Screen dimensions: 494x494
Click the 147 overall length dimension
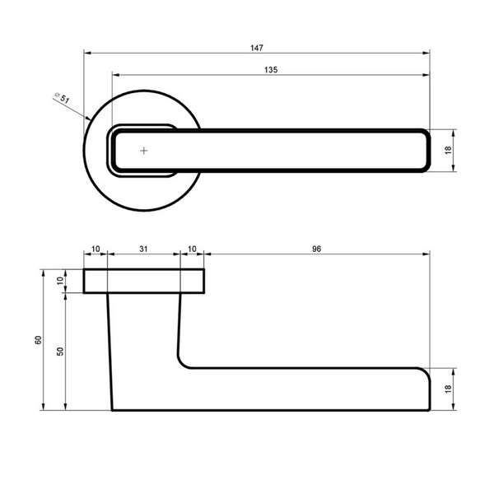257,48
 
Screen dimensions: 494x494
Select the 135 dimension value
271,70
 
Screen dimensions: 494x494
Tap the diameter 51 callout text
62,98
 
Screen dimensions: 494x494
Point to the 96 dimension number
317,249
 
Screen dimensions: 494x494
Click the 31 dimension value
143,249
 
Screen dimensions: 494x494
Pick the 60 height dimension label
38,340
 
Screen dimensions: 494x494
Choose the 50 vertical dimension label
60,352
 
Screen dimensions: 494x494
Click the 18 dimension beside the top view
449,150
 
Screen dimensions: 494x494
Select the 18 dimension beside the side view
449,389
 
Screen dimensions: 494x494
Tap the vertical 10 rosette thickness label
60,281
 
